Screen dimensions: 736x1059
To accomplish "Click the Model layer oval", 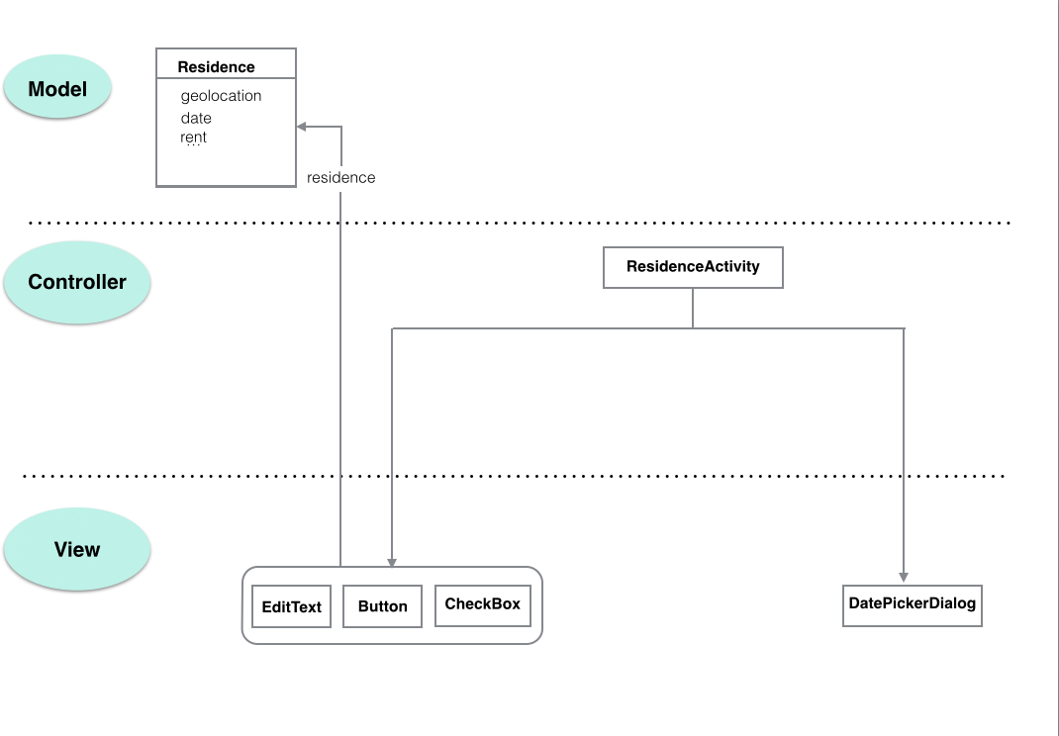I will (57, 89).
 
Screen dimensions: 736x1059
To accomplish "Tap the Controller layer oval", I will (77, 282).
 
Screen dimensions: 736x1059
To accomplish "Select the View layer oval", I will (77, 550).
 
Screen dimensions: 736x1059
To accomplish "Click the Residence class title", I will (216, 67).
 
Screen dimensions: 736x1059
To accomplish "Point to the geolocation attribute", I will (221, 96).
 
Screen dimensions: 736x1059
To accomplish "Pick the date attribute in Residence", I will (196, 118).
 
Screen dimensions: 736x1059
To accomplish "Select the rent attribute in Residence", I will (193, 138).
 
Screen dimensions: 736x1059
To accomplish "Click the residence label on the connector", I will (340, 178).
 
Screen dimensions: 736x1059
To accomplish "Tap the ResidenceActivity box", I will (693, 267).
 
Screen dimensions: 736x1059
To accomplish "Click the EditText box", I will (292, 607).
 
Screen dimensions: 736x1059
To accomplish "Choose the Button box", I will (382, 606).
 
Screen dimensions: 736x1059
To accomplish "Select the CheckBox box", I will (482, 604).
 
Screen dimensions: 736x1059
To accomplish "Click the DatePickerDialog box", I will (912, 603).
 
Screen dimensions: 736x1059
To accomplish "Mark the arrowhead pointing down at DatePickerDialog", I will (904, 576).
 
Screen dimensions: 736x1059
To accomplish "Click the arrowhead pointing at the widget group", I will (392, 561).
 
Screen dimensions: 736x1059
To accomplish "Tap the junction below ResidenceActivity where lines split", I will (692, 328).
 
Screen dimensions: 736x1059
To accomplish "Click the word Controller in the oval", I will (77, 282).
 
